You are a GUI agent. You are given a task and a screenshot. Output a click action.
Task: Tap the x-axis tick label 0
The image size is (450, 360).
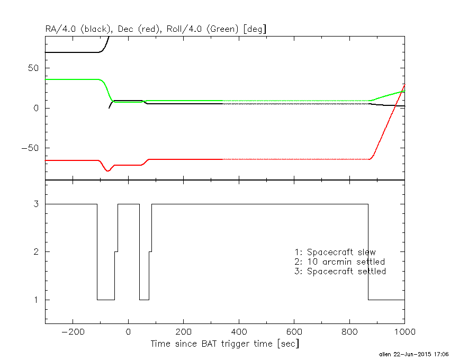point(128,331)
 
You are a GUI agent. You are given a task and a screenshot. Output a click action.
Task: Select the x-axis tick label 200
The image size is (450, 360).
point(183,331)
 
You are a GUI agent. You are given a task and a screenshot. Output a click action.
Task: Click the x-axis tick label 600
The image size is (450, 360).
point(294,331)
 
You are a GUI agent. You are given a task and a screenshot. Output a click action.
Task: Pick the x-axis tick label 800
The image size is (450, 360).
point(349,331)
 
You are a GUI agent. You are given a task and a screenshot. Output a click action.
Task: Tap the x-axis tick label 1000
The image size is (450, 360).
point(403,331)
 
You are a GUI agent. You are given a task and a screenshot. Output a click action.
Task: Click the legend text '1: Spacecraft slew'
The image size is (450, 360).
point(335,252)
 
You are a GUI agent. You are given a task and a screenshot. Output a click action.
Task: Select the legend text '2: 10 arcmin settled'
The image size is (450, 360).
point(339,262)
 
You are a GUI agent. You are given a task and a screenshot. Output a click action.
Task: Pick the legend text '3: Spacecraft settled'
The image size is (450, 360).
point(340,271)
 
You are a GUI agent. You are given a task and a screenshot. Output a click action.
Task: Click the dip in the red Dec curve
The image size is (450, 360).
point(107,170)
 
